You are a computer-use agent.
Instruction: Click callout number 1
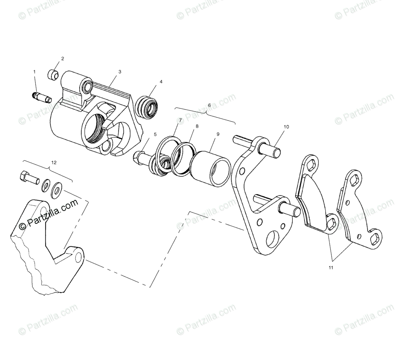click(34, 72)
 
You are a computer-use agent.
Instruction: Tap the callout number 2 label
click(63, 58)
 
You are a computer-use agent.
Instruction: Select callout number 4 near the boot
click(161, 82)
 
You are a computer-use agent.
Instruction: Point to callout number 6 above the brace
click(209, 105)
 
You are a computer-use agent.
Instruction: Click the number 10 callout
click(286, 127)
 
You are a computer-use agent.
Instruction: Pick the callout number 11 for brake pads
click(331, 268)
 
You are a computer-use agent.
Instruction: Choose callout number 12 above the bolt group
click(53, 163)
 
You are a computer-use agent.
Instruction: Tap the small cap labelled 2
click(53, 74)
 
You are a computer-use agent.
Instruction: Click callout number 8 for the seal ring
click(197, 126)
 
